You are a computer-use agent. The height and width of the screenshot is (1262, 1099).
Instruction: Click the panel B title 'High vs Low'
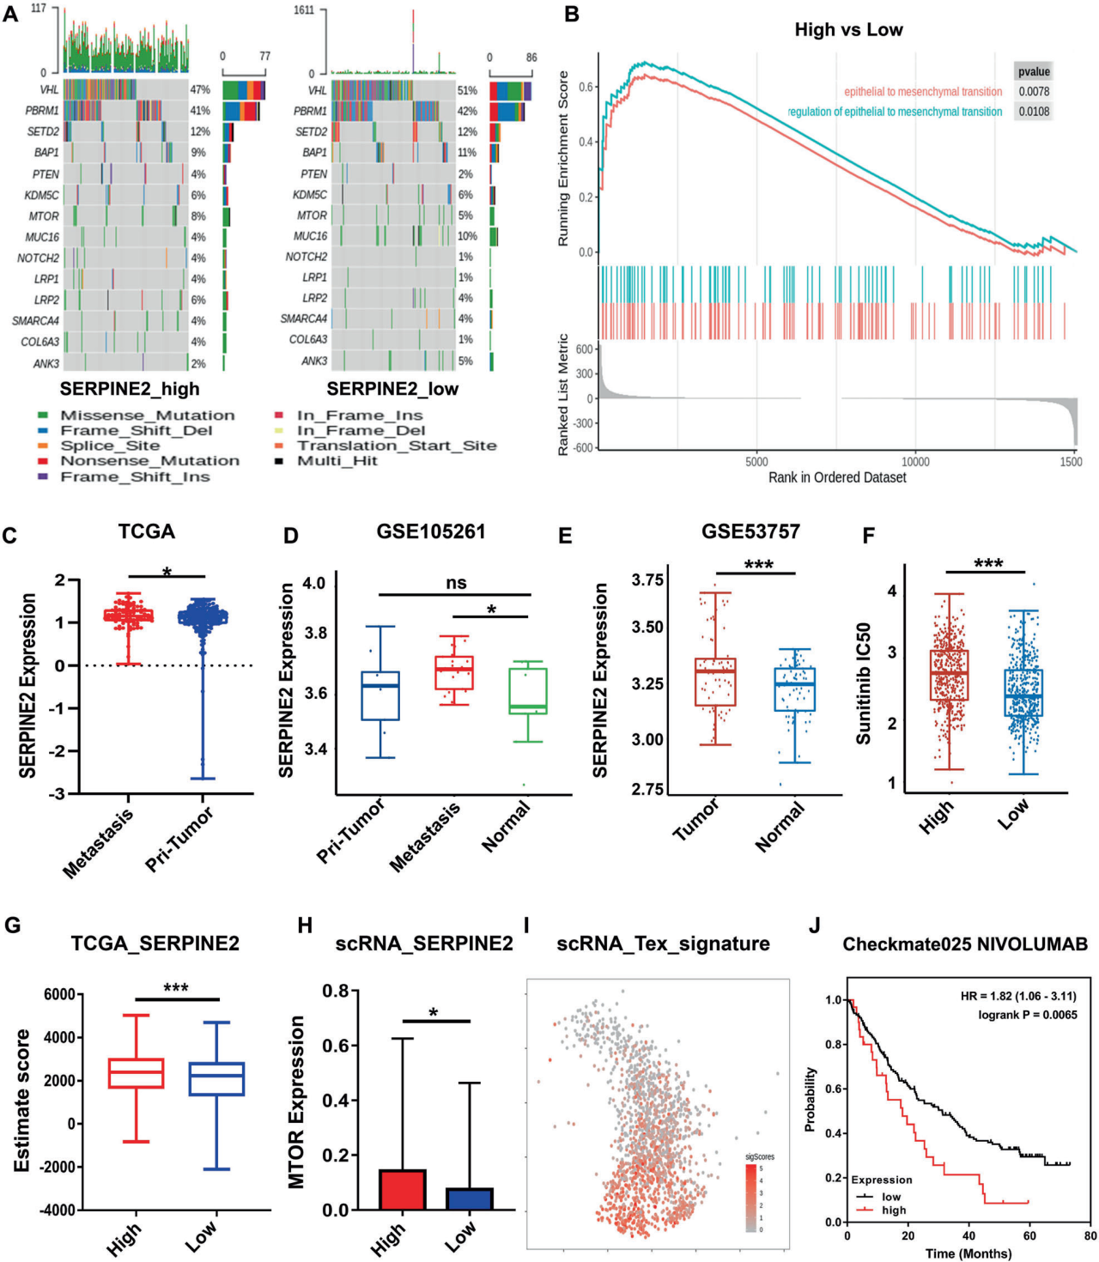(848, 30)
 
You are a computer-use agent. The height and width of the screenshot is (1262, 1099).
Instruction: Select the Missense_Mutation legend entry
(147, 416)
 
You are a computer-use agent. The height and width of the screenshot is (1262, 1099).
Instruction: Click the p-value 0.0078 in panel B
(1034, 92)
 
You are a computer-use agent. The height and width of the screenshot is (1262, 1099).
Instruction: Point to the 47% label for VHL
(200, 89)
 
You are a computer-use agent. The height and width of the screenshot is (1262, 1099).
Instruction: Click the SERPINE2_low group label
(392, 389)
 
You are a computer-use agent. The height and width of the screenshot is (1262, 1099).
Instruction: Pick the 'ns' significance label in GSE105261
(456, 583)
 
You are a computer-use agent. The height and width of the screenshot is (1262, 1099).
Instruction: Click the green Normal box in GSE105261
(528, 691)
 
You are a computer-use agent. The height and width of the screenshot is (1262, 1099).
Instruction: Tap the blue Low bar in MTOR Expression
(470, 1198)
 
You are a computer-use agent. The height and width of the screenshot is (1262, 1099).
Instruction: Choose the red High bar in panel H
(402, 1189)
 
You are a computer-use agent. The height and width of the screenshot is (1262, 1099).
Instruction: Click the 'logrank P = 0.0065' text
(1027, 1015)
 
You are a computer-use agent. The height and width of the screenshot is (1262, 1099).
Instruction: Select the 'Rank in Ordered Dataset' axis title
(837, 477)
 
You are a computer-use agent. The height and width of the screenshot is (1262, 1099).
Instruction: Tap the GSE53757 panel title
(750, 531)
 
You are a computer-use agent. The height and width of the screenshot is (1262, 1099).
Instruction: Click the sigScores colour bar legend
(751, 1198)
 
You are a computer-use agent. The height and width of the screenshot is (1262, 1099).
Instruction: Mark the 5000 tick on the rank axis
(756, 462)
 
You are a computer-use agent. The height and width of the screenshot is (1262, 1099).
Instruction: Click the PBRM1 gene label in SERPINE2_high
(42, 111)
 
